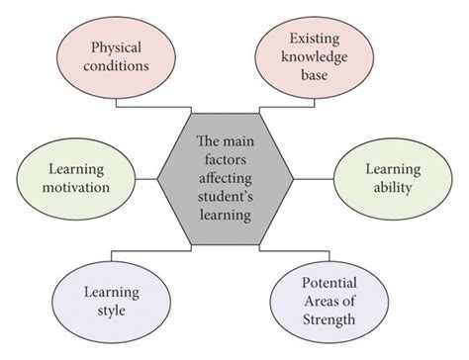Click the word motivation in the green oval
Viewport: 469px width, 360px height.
(75, 189)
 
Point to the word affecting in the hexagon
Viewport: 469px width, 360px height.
(226, 178)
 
